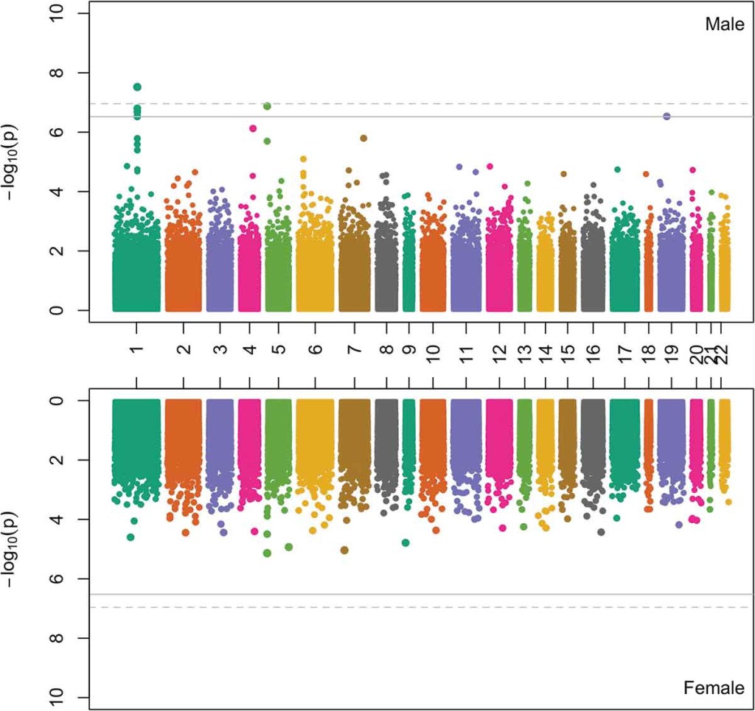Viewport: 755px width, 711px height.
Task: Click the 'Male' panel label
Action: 724,24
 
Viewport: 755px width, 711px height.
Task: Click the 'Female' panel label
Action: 714,688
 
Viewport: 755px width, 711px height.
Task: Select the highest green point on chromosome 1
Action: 137,87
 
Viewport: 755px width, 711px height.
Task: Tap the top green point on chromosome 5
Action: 267,106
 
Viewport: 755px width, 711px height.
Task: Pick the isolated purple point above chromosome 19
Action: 667,116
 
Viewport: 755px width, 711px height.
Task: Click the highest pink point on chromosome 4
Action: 253,128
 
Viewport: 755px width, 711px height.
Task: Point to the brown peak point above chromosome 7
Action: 363,138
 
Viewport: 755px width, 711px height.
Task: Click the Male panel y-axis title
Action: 16,157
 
